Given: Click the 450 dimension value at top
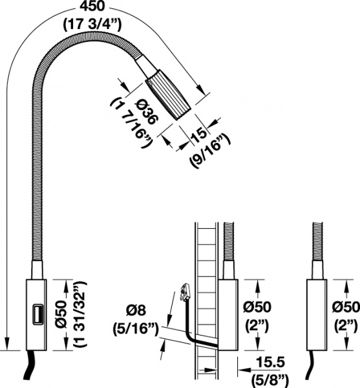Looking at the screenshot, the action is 92,6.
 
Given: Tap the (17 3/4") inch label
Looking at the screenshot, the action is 92,25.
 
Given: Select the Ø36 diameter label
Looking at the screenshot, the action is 145,112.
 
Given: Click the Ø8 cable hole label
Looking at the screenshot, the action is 136,310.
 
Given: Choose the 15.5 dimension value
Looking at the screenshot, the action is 270,362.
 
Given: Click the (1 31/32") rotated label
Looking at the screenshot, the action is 81,316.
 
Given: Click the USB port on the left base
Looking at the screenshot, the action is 38,315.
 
